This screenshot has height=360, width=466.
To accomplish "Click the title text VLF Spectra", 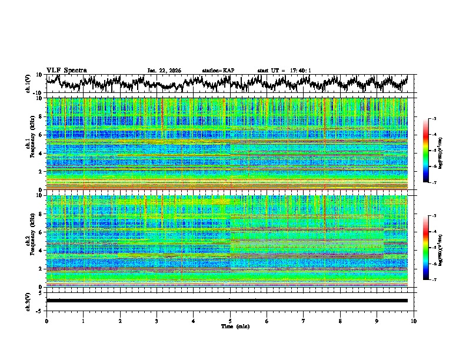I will click(x=66, y=70).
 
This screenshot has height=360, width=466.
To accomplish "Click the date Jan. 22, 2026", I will click(x=164, y=71).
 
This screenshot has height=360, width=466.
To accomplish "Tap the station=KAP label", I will click(x=218, y=71).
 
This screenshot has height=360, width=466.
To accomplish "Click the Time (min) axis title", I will click(x=235, y=326).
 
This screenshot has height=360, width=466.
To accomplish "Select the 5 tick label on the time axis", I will click(x=230, y=321).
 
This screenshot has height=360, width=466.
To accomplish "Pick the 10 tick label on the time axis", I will click(x=414, y=321).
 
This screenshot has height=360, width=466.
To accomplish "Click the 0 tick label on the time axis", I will click(x=46, y=321).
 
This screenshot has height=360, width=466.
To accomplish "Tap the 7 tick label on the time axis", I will click(x=304, y=321).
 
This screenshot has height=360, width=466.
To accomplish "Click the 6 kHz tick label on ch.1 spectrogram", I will click(x=41, y=135).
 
